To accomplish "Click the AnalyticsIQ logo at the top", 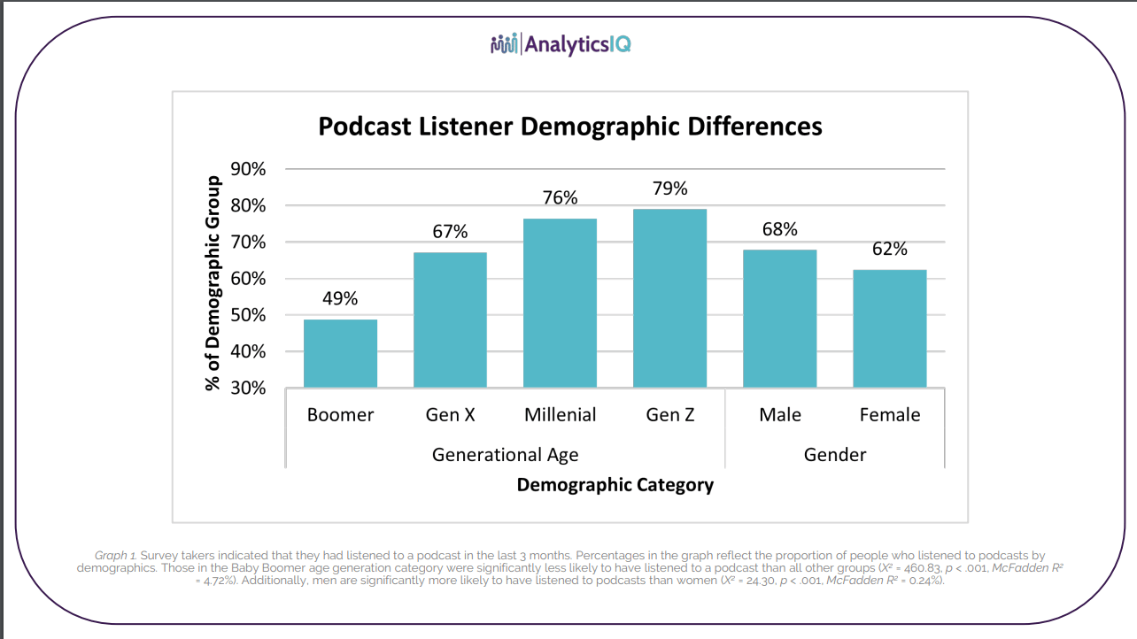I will (561, 43).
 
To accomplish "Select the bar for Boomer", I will (340, 353).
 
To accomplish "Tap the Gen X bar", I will (450, 319).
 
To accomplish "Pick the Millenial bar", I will (560, 303).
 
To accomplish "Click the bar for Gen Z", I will (669, 298).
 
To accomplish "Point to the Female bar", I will (889, 328).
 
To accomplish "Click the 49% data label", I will (340, 298).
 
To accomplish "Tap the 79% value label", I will (669, 189).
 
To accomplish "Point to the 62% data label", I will (889, 249).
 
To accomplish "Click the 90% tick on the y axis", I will (248, 169).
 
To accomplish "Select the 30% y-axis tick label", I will (248, 388).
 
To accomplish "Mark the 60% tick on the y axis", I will (248, 279).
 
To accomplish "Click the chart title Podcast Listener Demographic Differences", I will (570, 127).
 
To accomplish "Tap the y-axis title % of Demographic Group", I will (213, 283).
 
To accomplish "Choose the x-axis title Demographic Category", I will (615, 484).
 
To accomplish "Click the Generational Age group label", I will (505, 455).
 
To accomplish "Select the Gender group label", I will (834, 455).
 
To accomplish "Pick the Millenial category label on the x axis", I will (560, 414).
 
